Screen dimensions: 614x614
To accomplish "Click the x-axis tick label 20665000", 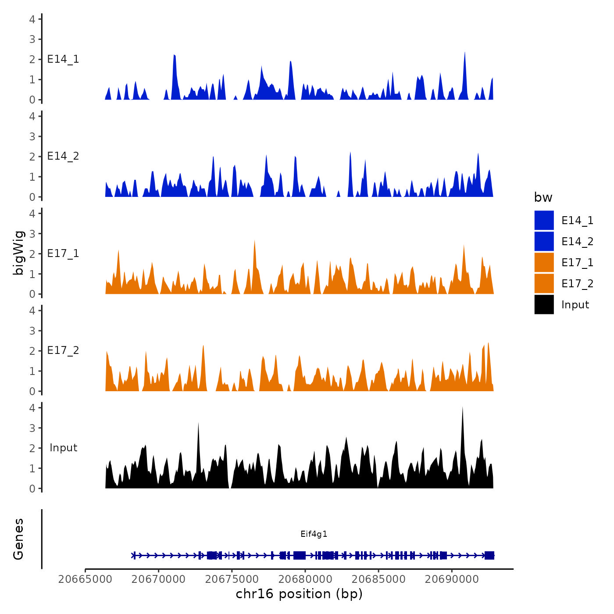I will click(x=85, y=579).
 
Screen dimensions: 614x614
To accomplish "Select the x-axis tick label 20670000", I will click(x=159, y=579).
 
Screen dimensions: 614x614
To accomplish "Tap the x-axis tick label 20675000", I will click(x=232, y=579).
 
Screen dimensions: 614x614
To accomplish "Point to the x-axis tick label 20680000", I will click(x=305, y=579).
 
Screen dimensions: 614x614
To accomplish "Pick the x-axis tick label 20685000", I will click(x=378, y=579).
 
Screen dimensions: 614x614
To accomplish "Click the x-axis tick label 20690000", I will click(x=452, y=579).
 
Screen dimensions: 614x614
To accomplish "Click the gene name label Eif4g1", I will click(x=314, y=534).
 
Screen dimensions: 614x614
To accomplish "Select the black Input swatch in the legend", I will click(x=544, y=304).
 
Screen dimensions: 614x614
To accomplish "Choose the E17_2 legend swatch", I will click(x=544, y=283).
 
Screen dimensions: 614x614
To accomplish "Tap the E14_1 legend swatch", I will click(x=544, y=220).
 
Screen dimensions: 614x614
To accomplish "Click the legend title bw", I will click(x=543, y=197).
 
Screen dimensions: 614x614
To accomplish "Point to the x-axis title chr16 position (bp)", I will click(x=299, y=594).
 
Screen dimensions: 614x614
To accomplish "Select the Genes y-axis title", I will click(x=18, y=539).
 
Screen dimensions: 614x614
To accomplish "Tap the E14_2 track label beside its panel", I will click(x=63, y=156).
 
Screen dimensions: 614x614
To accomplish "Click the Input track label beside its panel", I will click(x=63, y=447).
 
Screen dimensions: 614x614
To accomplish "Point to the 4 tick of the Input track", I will click(x=32, y=407).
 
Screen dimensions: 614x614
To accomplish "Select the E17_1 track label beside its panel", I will click(x=63, y=253).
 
